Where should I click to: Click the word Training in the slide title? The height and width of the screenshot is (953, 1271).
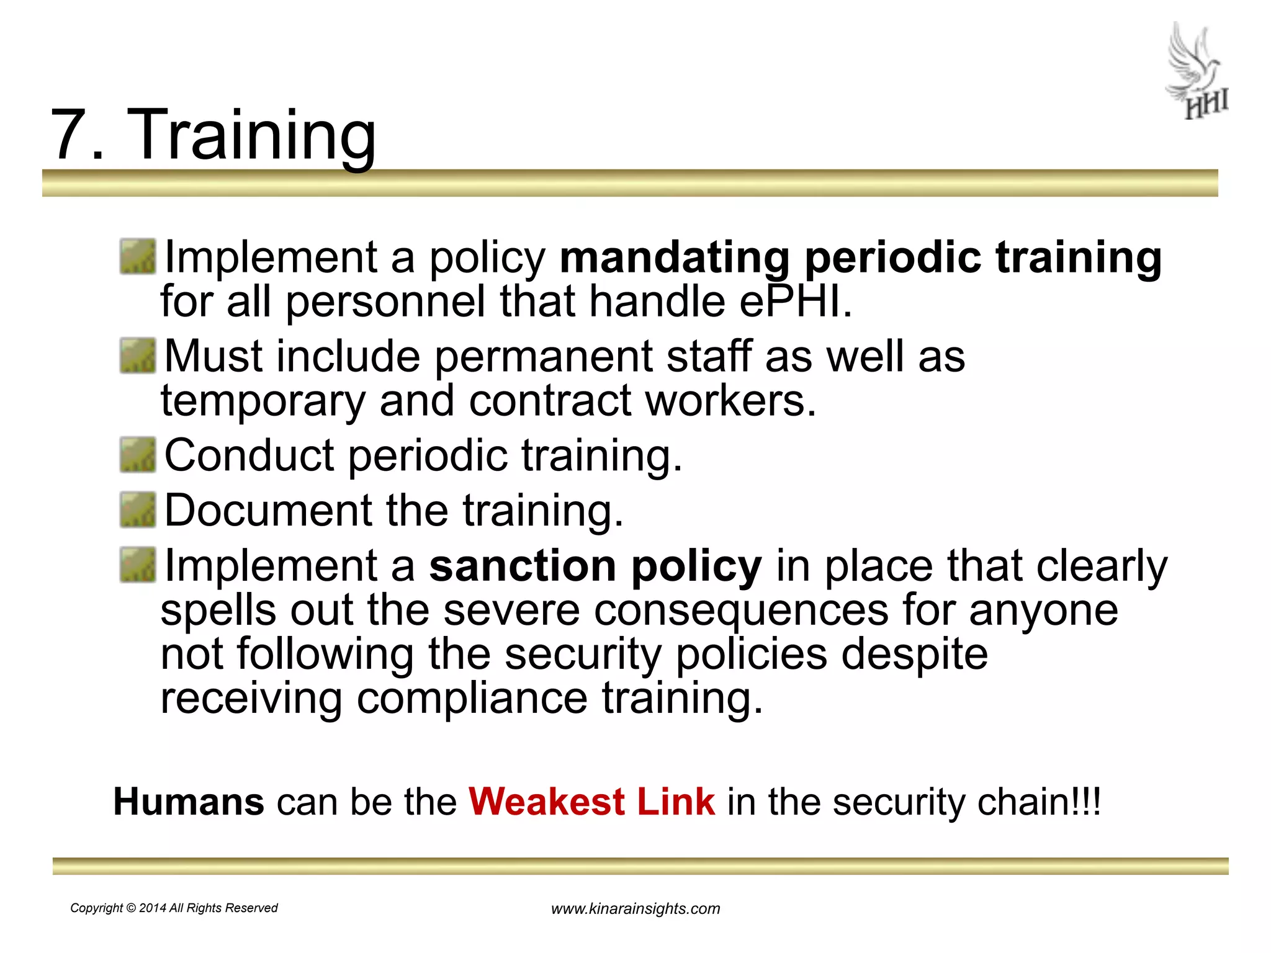point(251,135)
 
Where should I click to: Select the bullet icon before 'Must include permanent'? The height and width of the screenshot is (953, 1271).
point(138,356)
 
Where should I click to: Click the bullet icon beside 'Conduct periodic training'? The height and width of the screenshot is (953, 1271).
point(138,454)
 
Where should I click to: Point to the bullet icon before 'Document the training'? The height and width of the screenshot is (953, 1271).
point(138,509)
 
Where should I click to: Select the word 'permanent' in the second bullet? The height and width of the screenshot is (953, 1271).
point(543,357)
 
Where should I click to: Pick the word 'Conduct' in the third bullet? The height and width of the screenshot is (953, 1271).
point(249,455)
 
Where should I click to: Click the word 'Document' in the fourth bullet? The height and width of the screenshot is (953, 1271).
point(267,510)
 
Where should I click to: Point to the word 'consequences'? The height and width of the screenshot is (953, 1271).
point(741,611)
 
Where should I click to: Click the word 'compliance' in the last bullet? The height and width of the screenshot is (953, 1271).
point(472,699)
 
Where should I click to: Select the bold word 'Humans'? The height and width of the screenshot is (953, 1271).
point(189,802)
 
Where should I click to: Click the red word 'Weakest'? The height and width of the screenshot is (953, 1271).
point(546,802)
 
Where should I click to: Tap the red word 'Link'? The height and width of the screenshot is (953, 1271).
point(676,802)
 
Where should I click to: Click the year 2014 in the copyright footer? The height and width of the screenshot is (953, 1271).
point(153,908)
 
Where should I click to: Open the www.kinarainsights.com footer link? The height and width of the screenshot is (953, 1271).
point(635,909)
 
